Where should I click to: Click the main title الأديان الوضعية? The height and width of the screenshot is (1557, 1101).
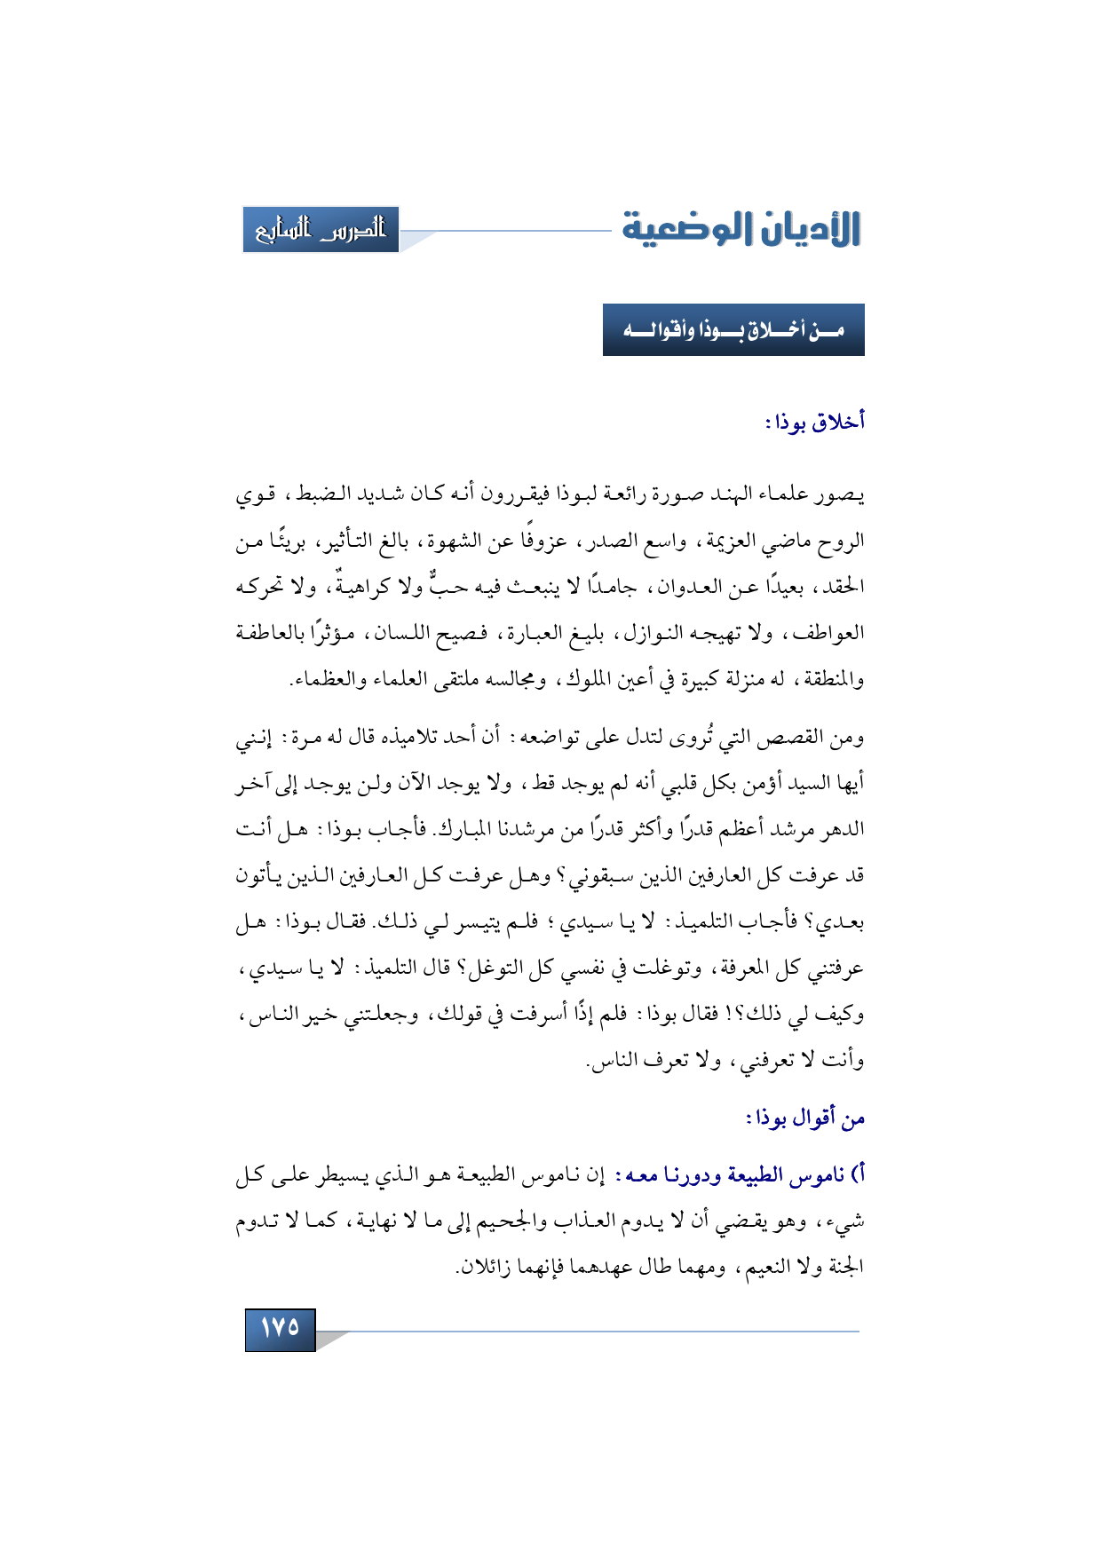pyautogui.click(x=741, y=229)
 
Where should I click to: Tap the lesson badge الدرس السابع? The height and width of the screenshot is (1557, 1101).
pyautogui.click(x=321, y=230)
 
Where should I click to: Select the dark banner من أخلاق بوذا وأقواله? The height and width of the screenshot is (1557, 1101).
pyautogui.click(x=733, y=330)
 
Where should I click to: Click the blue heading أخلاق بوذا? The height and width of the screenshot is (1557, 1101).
pyautogui.click(x=815, y=422)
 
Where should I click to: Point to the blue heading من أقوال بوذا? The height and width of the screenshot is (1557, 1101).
pyautogui.click(x=805, y=1118)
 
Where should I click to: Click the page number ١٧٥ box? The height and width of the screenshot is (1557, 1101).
pyautogui.click(x=280, y=1328)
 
